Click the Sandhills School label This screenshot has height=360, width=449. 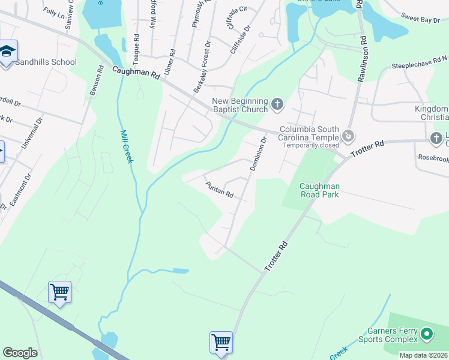point(46,62)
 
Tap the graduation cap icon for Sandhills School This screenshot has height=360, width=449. point(8,52)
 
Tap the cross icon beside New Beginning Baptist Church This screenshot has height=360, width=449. point(277,105)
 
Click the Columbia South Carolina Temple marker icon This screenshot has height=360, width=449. point(348,138)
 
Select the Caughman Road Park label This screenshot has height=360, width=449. point(320,191)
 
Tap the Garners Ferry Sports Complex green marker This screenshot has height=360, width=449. point(427,333)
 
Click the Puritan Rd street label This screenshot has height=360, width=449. point(219,190)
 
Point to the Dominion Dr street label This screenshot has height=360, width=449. point(258,154)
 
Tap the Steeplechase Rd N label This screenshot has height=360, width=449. point(419,63)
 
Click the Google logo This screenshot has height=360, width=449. point(20,353)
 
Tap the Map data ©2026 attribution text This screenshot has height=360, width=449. point(424,356)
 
